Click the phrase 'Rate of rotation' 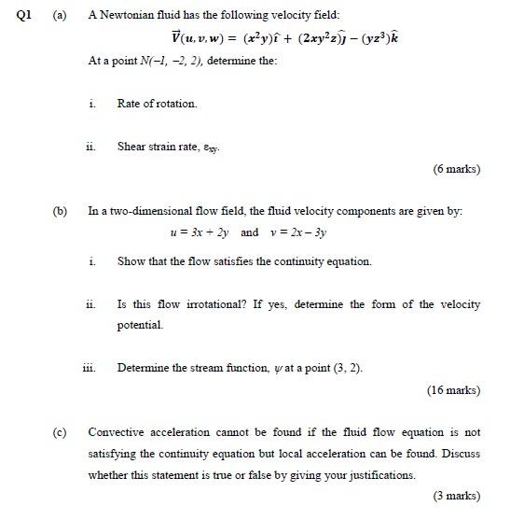(157, 104)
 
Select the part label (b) (61, 212)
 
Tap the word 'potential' (140, 325)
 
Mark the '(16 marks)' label (453, 390)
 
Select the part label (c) (61, 432)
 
